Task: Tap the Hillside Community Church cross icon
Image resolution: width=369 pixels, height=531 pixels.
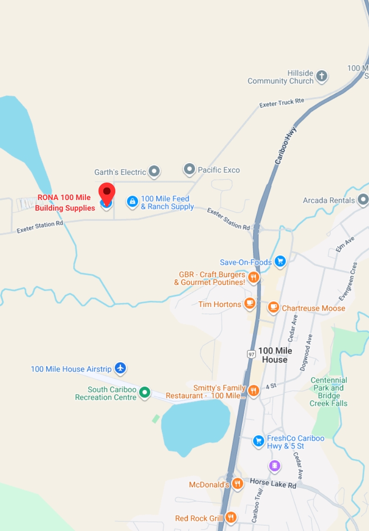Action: (322, 76)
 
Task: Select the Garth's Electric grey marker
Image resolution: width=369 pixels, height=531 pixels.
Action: (154, 171)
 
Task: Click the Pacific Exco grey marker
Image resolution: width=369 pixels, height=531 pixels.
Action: (189, 169)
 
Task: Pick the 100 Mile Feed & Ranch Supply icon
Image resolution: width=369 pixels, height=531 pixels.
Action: (132, 201)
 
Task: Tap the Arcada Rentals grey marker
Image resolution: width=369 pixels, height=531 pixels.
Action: (363, 200)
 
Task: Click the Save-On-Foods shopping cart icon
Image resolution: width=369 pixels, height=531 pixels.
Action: (280, 262)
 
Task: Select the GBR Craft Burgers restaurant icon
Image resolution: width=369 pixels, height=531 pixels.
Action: (253, 277)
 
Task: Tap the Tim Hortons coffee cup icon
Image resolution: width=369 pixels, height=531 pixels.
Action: (250, 303)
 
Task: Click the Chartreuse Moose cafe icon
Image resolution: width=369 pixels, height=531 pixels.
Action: (274, 307)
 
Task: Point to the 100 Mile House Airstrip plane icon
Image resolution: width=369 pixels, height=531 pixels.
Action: (120, 368)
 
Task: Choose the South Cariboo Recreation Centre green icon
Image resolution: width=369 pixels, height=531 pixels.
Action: (145, 393)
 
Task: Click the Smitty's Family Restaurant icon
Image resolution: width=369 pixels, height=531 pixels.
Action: (253, 391)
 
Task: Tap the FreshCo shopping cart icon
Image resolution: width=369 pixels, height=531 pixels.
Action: (258, 441)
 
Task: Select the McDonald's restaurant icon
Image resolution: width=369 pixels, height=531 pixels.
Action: (238, 484)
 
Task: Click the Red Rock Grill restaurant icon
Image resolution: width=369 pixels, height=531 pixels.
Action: (231, 518)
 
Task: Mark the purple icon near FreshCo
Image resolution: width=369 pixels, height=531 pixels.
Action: (275, 466)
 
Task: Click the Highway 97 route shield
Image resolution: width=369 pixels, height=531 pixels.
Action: (251, 354)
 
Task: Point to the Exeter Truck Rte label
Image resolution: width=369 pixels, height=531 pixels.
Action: (282, 102)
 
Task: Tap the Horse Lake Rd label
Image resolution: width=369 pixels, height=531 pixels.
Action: (273, 484)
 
